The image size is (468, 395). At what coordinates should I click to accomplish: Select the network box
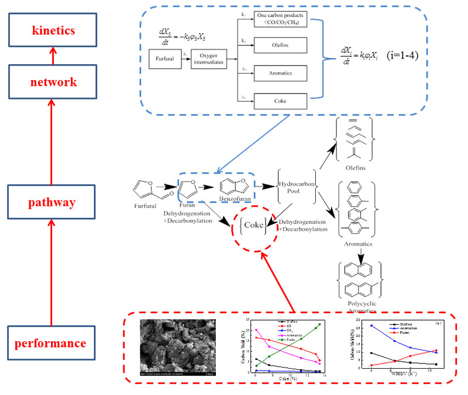[54, 82]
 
